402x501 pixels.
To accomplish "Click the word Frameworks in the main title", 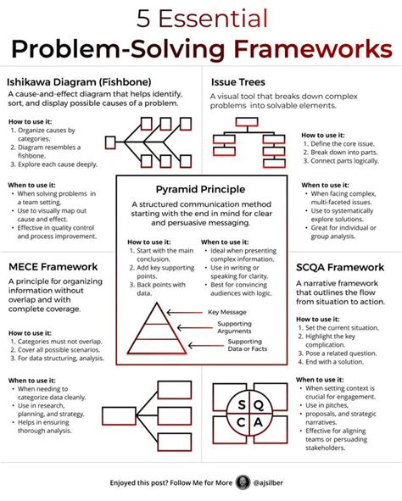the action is (x=322, y=49).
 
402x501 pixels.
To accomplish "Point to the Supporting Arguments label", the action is (x=235, y=329).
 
